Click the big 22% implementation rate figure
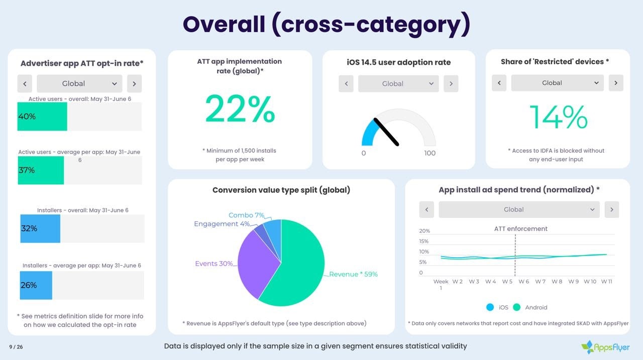(x=240, y=109)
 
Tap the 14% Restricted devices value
(x=558, y=117)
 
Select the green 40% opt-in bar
(x=42, y=116)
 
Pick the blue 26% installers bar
(x=36, y=285)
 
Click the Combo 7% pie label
(x=246, y=215)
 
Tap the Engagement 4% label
(x=222, y=224)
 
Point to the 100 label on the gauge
(x=430, y=153)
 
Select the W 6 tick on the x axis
(x=523, y=282)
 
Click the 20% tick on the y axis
(x=424, y=231)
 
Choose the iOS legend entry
(x=498, y=307)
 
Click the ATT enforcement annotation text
(x=521, y=229)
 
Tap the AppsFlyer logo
(x=605, y=347)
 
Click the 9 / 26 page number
(x=16, y=347)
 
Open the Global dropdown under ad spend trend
(x=519, y=209)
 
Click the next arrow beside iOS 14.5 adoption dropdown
(x=451, y=83)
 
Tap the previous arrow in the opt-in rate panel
(x=25, y=83)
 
